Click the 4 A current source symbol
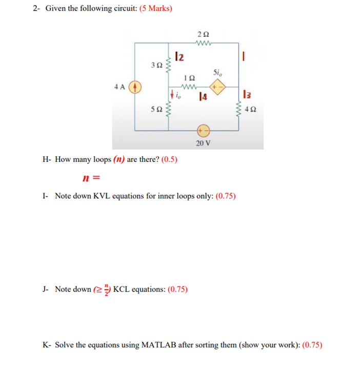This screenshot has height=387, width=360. pyautogui.click(x=135, y=87)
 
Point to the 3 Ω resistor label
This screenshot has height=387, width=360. pyautogui.click(x=157, y=66)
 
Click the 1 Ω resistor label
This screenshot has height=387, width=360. pyautogui.click(x=189, y=77)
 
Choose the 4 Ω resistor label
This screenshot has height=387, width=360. pyautogui.click(x=251, y=109)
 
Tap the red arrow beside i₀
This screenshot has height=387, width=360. pyautogui.click(x=171, y=94)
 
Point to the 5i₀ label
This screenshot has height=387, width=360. pyautogui.click(x=217, y=72)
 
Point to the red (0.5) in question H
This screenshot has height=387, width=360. pyautogui.click(x=169, y=159)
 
